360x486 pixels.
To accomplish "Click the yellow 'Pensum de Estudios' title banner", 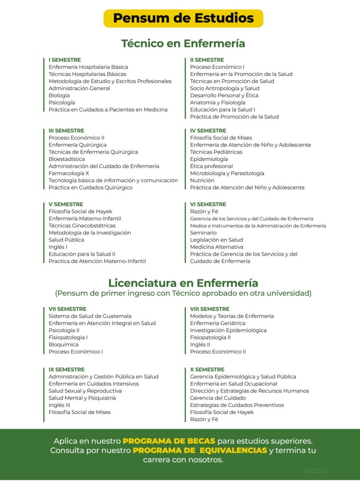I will coord(183,19).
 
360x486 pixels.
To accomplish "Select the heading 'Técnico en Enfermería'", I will coord(183,44).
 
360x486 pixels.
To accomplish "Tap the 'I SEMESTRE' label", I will coord(65,60).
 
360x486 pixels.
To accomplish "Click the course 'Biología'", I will coord(59,95).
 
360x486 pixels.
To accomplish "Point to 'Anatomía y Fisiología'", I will coord(218,103).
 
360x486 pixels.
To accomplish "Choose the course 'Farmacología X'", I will coord(69,173).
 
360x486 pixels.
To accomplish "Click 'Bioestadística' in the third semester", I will coord(67,159).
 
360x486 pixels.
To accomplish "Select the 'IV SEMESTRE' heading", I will coord(208,131).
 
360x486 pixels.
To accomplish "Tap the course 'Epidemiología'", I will coord(209,159).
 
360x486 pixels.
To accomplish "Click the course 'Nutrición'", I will coord(202,180).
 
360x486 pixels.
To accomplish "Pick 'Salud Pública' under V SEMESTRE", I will coord(66,240).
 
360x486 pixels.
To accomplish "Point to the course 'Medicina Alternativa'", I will coord(217,247).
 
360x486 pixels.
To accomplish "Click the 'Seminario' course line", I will coord(203,233).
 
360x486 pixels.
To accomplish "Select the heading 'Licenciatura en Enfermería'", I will coord(183,283).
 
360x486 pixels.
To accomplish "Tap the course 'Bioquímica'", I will coord(64,345).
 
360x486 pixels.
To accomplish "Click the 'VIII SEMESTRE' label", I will coord(210,309).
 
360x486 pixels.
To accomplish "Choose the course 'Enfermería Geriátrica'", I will coord(218,323).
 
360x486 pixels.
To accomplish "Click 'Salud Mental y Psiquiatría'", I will coord(82,398).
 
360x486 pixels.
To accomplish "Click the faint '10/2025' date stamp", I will coord(315,471).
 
